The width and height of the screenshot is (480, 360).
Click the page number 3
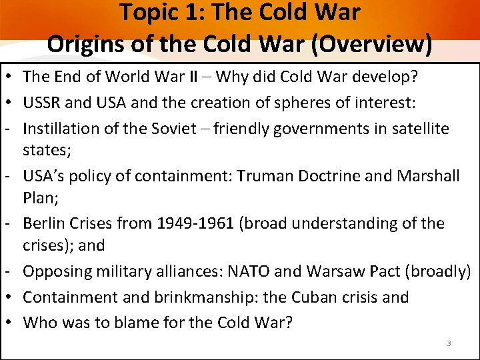coord(449,343)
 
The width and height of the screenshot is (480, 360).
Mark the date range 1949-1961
coord(195,223)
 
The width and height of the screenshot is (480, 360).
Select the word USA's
coord(43,176)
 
